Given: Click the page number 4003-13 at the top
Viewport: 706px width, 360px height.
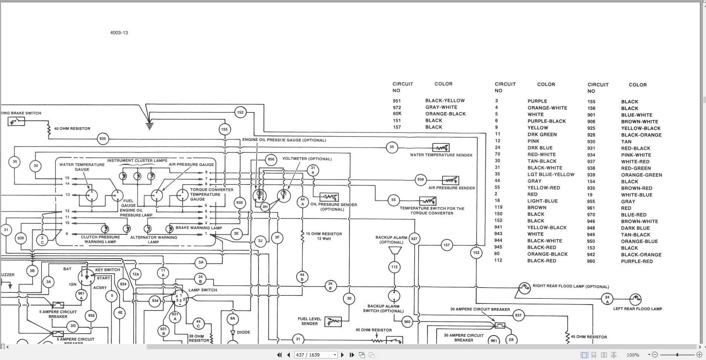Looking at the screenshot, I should coord(119,33).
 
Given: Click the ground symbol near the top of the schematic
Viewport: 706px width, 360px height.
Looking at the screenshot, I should coord(149,126).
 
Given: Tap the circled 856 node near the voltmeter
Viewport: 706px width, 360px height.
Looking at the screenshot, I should coord(271,159).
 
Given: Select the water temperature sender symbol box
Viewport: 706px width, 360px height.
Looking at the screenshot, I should coord(440,148).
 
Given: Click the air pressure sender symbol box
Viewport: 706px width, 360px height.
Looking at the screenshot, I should coord(450,180).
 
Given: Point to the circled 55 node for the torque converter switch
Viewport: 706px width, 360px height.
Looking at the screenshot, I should coord(393,200).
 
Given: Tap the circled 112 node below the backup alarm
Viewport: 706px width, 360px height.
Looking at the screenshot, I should coord(394,267).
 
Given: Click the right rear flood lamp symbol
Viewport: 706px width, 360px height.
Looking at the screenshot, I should coord(524,288).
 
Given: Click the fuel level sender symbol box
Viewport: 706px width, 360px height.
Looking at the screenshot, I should coord(333,322).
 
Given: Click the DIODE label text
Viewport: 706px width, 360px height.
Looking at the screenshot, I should coord(243,332).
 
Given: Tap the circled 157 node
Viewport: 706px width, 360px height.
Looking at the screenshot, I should coord(446,245).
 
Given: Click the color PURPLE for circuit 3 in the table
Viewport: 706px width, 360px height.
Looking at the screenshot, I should coord(537,101).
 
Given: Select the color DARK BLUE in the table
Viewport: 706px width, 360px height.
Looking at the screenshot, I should coord(635,228).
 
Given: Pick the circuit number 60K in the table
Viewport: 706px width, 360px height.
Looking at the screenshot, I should coord(397,114).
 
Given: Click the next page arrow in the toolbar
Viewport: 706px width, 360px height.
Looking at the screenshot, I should coord(342,355).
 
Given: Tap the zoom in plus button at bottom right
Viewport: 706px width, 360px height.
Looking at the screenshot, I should coord(699,355).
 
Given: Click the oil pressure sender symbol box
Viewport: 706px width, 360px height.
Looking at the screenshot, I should coord(329,197).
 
